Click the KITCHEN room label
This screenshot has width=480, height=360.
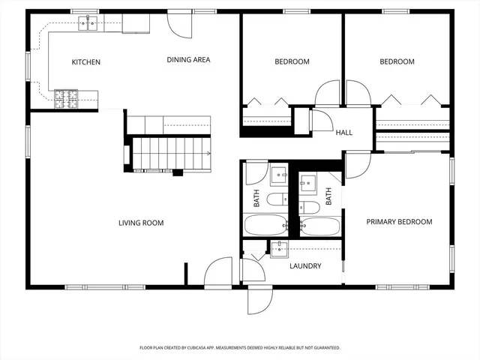[x=85, y=62]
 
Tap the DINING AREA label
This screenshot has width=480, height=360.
[x=188, y=60]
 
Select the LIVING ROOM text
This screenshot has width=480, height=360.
[x=141, y=223]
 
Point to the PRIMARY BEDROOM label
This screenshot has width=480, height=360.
[x=399, y=222]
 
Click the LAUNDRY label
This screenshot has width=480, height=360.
[x=305, y=266]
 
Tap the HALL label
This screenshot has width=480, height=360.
[x=344, y=133]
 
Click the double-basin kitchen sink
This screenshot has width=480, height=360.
[x=89, y=25]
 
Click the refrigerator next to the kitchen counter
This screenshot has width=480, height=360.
[x=136, y=24]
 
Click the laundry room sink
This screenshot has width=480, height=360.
[x=279, y=247]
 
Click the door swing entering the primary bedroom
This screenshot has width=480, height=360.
[x=358, y=164]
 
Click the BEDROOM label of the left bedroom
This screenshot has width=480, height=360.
[x=292, y=62]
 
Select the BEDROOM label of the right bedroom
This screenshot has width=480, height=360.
[x=397, y=62]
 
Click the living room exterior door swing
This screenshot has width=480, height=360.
[x=218, y=271]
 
